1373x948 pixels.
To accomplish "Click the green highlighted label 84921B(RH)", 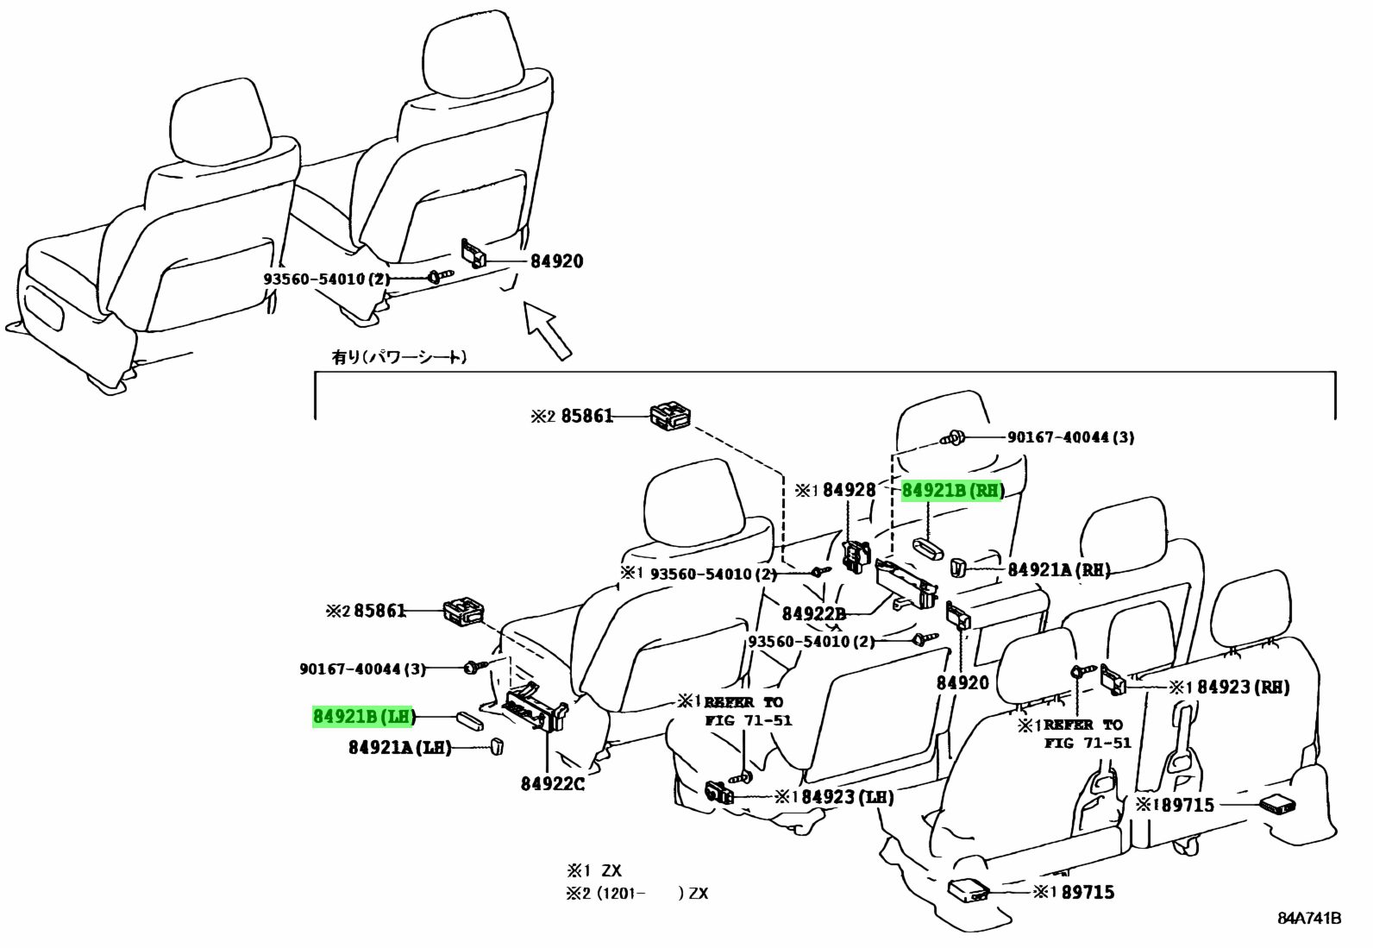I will (x=953, y=492).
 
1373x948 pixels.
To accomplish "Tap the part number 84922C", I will (x=553, y=783).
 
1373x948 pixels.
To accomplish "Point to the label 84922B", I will (x=813, y=614).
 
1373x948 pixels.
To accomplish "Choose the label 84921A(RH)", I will (x=1059, y=569).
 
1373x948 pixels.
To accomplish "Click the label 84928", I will (x=849, y=491).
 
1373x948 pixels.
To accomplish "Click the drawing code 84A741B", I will (x=1309, y=918).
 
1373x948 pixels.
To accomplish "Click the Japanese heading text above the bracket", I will (x=398, y=355).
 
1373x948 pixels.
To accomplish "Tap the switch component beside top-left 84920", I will (x=473, y=254).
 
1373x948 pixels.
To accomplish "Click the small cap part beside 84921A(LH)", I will (x=497, y=746).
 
